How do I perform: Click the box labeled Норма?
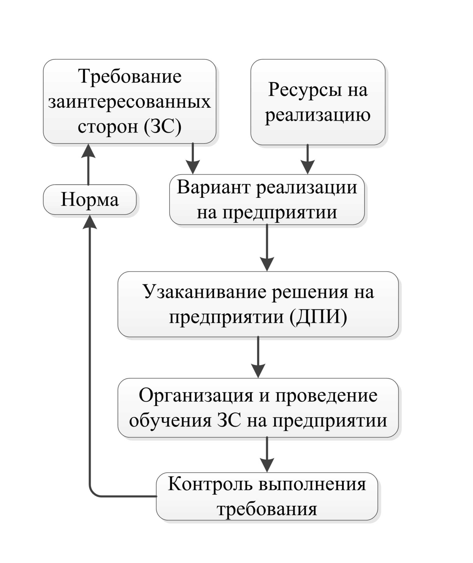pos(90,199)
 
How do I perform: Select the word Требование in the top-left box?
pos(130,76)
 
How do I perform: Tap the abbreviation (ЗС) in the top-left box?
pos(163,127)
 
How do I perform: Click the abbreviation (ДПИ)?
pos(318,318)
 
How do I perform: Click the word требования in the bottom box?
pos(267,509)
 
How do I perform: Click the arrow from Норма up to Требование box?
pos(88,164)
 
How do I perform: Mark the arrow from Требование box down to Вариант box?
pos(193,159)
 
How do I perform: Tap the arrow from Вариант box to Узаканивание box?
pos(267,248)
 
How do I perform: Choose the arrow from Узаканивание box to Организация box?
pos(258,357)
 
